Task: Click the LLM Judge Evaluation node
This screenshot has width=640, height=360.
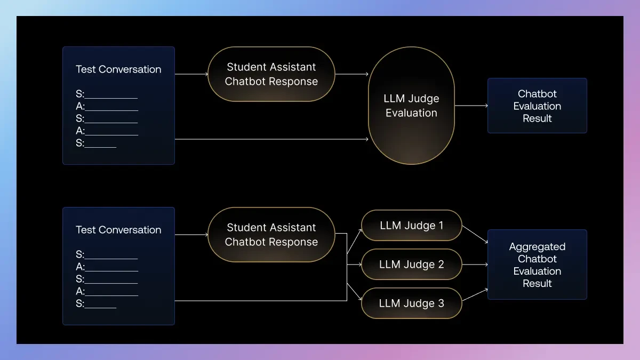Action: point(411,106)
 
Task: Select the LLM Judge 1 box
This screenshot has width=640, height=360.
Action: point(411,225)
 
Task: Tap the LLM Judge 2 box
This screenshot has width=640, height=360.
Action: point(411,265)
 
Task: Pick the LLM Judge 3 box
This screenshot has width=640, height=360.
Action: point(411,303)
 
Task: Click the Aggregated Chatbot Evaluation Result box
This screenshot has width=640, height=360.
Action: point(537,265)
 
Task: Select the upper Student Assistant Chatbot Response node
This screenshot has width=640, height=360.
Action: point(271,74)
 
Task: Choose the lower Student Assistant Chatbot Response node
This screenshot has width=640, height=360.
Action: point(271,235)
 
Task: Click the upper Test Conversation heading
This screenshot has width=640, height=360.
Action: point(118,69)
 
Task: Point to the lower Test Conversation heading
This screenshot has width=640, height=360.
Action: point(118,230)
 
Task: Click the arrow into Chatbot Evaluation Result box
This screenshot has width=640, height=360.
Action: point(471,106)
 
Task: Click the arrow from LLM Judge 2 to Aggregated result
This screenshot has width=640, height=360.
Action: point(475,265)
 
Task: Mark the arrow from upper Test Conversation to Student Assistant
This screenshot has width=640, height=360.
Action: point(191,74)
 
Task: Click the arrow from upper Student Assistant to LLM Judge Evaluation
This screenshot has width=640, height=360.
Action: point(351,74)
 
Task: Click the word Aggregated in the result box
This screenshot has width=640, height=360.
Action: point(537,247)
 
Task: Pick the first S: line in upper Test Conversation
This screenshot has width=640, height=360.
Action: point(107,95)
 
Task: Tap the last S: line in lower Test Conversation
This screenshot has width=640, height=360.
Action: point(96,304)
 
